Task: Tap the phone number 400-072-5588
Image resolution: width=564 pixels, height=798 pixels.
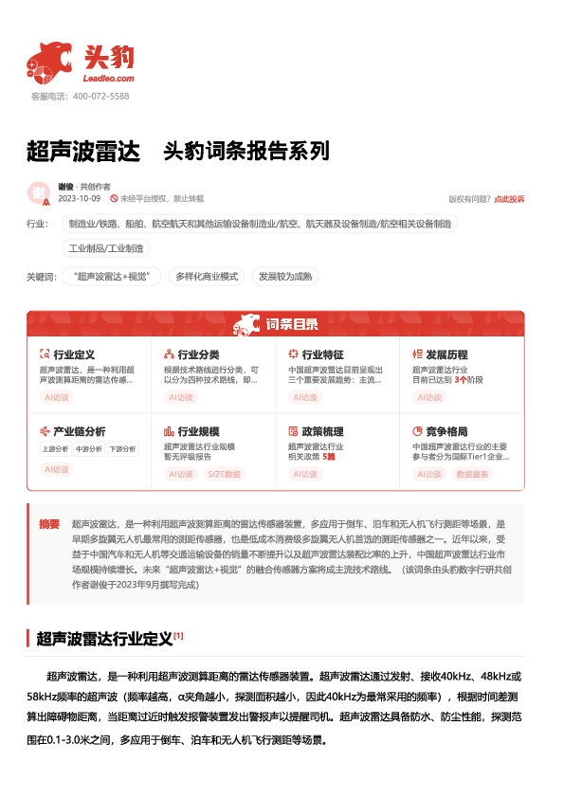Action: (101, 97)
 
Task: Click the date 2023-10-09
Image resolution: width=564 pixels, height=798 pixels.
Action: (79, 199)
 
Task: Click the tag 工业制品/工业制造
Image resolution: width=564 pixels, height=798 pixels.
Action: (106, 248)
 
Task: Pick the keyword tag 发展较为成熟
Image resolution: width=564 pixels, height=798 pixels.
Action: (285, 277)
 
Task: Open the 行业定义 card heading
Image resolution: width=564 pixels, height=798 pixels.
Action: (74, 354)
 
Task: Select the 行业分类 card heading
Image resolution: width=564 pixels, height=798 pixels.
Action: (198, 354)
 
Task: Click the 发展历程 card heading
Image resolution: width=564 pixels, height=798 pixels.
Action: (446, 354)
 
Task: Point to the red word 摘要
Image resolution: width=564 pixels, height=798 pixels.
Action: (49, 524)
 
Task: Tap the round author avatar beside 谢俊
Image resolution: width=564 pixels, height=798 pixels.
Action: (39, 192)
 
